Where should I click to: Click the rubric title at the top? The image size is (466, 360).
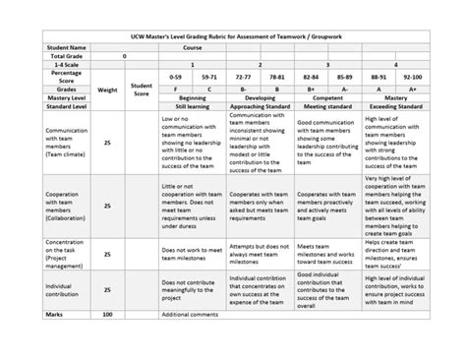pos(233,34)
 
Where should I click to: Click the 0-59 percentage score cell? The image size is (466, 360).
pos(177,75)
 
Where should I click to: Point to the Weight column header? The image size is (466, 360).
pos(108,90)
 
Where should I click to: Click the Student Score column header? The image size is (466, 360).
pos(141,90)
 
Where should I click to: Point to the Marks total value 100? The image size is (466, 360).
pos(108,313)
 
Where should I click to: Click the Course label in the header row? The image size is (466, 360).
pos(193,46)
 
